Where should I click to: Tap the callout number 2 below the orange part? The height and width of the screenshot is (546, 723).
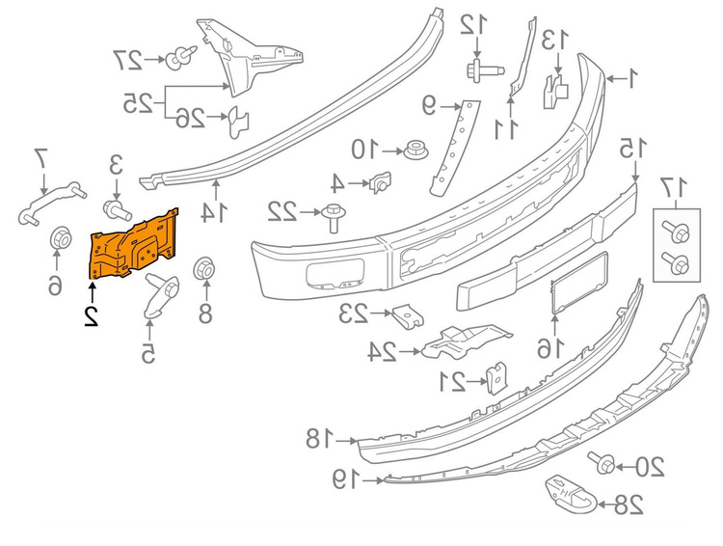point(91,315)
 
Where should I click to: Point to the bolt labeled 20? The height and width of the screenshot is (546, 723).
point(605,464)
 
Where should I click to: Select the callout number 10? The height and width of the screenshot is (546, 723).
point(363,150)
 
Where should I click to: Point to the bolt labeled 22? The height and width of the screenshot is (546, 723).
point(333,215)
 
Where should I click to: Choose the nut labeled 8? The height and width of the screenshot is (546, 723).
point(203,269)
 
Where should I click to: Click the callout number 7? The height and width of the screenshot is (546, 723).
point(40,155)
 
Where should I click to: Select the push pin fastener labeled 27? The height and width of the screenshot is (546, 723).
point(175,60)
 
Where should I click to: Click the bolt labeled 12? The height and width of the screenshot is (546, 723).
point(475,68)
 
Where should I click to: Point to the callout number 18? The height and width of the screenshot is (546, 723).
point(318,437)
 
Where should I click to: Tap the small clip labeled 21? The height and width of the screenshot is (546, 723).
point(495,378)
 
